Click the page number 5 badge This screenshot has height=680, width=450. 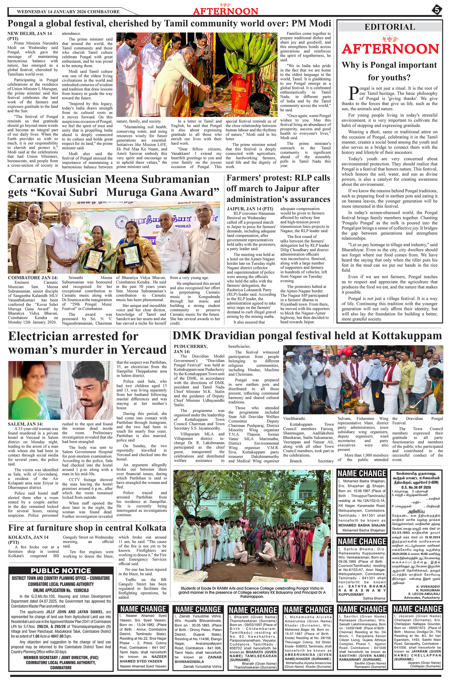pos(436,10)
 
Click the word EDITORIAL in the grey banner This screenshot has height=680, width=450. pos(390,27)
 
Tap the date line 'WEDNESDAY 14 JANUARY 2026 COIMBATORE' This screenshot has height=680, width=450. pos(68,12)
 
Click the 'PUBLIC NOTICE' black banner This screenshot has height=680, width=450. pos(61,571)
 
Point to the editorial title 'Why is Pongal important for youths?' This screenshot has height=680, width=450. pos(389,71)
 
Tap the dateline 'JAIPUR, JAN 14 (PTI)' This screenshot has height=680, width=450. pos(250,208)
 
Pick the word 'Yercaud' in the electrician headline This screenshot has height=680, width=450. pos(143,349)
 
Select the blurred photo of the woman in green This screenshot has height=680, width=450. pos(34,390)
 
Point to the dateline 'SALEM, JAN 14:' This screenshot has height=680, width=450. pos(25,424)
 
